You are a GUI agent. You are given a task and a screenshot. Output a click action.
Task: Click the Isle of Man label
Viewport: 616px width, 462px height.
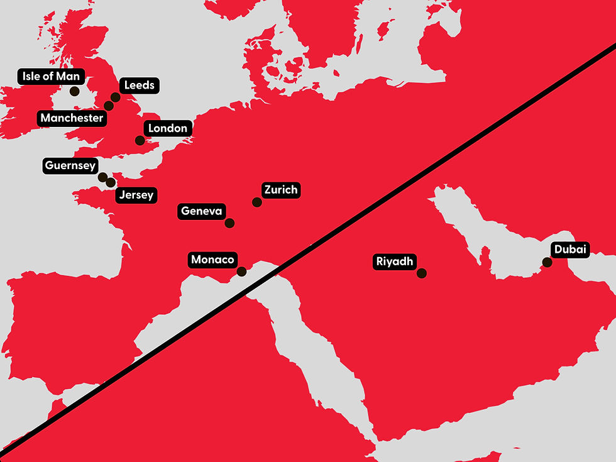point(51,77)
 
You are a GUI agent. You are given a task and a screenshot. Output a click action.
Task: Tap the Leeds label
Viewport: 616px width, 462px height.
point(139,85)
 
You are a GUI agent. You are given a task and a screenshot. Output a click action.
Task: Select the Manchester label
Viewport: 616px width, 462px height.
point(72,118)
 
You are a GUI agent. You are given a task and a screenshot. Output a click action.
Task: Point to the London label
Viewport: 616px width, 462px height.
point(168,128)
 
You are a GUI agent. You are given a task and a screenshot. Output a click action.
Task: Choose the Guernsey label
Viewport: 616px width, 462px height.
point(70,166)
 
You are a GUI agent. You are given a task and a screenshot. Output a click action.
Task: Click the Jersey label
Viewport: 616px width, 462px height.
point(136,195)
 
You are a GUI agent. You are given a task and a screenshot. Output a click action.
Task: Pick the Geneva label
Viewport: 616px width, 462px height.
point(202,211)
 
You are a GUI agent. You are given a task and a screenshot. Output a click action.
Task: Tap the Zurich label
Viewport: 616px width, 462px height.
point(281,189)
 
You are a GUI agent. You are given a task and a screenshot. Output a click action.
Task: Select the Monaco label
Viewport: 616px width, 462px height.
point(212,260)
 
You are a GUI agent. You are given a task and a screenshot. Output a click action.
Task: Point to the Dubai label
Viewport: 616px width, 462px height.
point(570,250)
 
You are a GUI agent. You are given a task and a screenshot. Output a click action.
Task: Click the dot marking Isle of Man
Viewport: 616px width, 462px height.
point(74,91)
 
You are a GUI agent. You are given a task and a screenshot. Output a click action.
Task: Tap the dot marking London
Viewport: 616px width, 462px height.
point(140,141)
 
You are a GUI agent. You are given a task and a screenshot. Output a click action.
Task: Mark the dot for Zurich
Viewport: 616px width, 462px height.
point(256,202)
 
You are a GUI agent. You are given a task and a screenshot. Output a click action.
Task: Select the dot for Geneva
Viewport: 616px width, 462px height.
point(229,223)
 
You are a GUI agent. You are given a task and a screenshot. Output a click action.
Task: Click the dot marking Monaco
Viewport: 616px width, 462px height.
point(241,272)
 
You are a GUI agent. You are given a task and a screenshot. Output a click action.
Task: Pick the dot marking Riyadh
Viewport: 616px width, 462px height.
point(422,273)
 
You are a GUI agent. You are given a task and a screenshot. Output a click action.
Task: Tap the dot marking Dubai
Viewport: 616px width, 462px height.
point(547,262)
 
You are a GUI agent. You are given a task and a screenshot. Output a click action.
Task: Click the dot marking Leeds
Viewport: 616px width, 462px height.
point(115,97)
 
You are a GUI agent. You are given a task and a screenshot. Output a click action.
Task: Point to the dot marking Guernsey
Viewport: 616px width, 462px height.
point(102,177)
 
